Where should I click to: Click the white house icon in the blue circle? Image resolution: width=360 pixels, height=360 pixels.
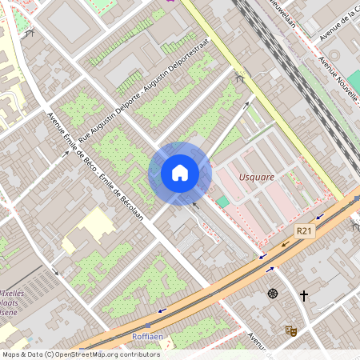180,172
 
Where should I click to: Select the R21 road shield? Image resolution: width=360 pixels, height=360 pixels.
302,230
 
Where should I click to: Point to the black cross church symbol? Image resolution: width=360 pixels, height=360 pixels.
304,295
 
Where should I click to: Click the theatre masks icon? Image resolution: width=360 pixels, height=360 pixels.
290,330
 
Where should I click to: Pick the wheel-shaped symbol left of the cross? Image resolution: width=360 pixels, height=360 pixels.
274,294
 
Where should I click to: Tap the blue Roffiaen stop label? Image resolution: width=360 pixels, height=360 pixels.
147,337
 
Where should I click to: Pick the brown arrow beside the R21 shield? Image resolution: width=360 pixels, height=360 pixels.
285,244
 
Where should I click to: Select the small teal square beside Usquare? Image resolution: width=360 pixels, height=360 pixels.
222,202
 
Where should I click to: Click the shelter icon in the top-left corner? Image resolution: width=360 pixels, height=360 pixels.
30,33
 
